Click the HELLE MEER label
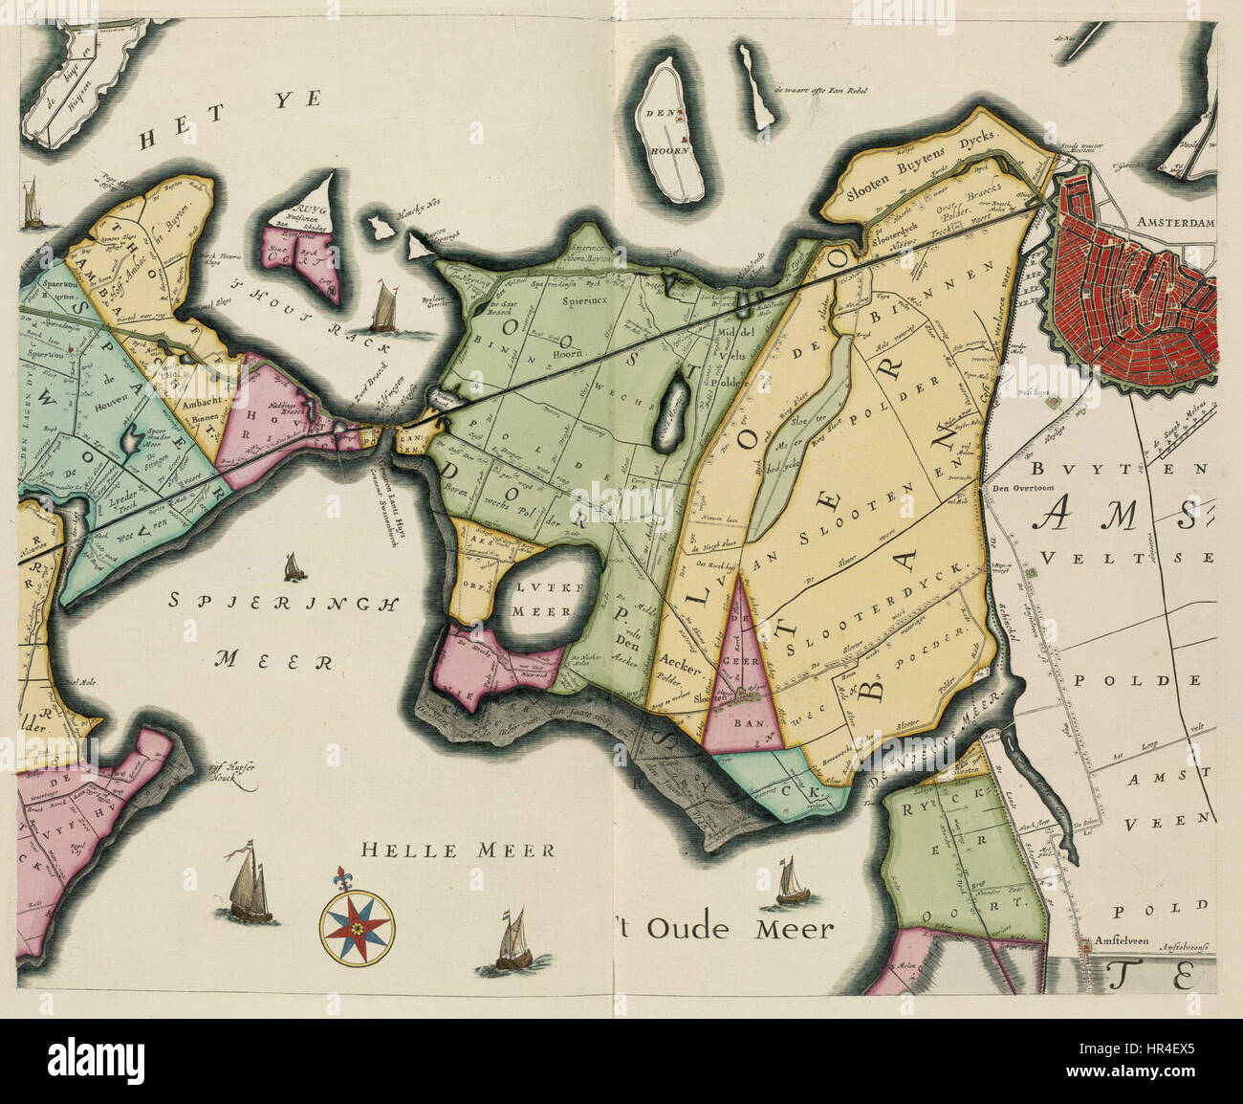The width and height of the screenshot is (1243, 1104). click(458, 850)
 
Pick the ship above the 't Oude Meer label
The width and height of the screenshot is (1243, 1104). click(789, 881)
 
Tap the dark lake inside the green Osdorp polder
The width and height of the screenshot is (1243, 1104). click(674, 401)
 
